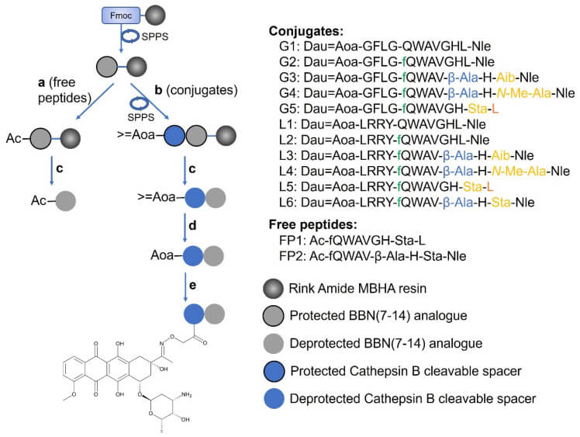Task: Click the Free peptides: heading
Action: pos(309,225)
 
